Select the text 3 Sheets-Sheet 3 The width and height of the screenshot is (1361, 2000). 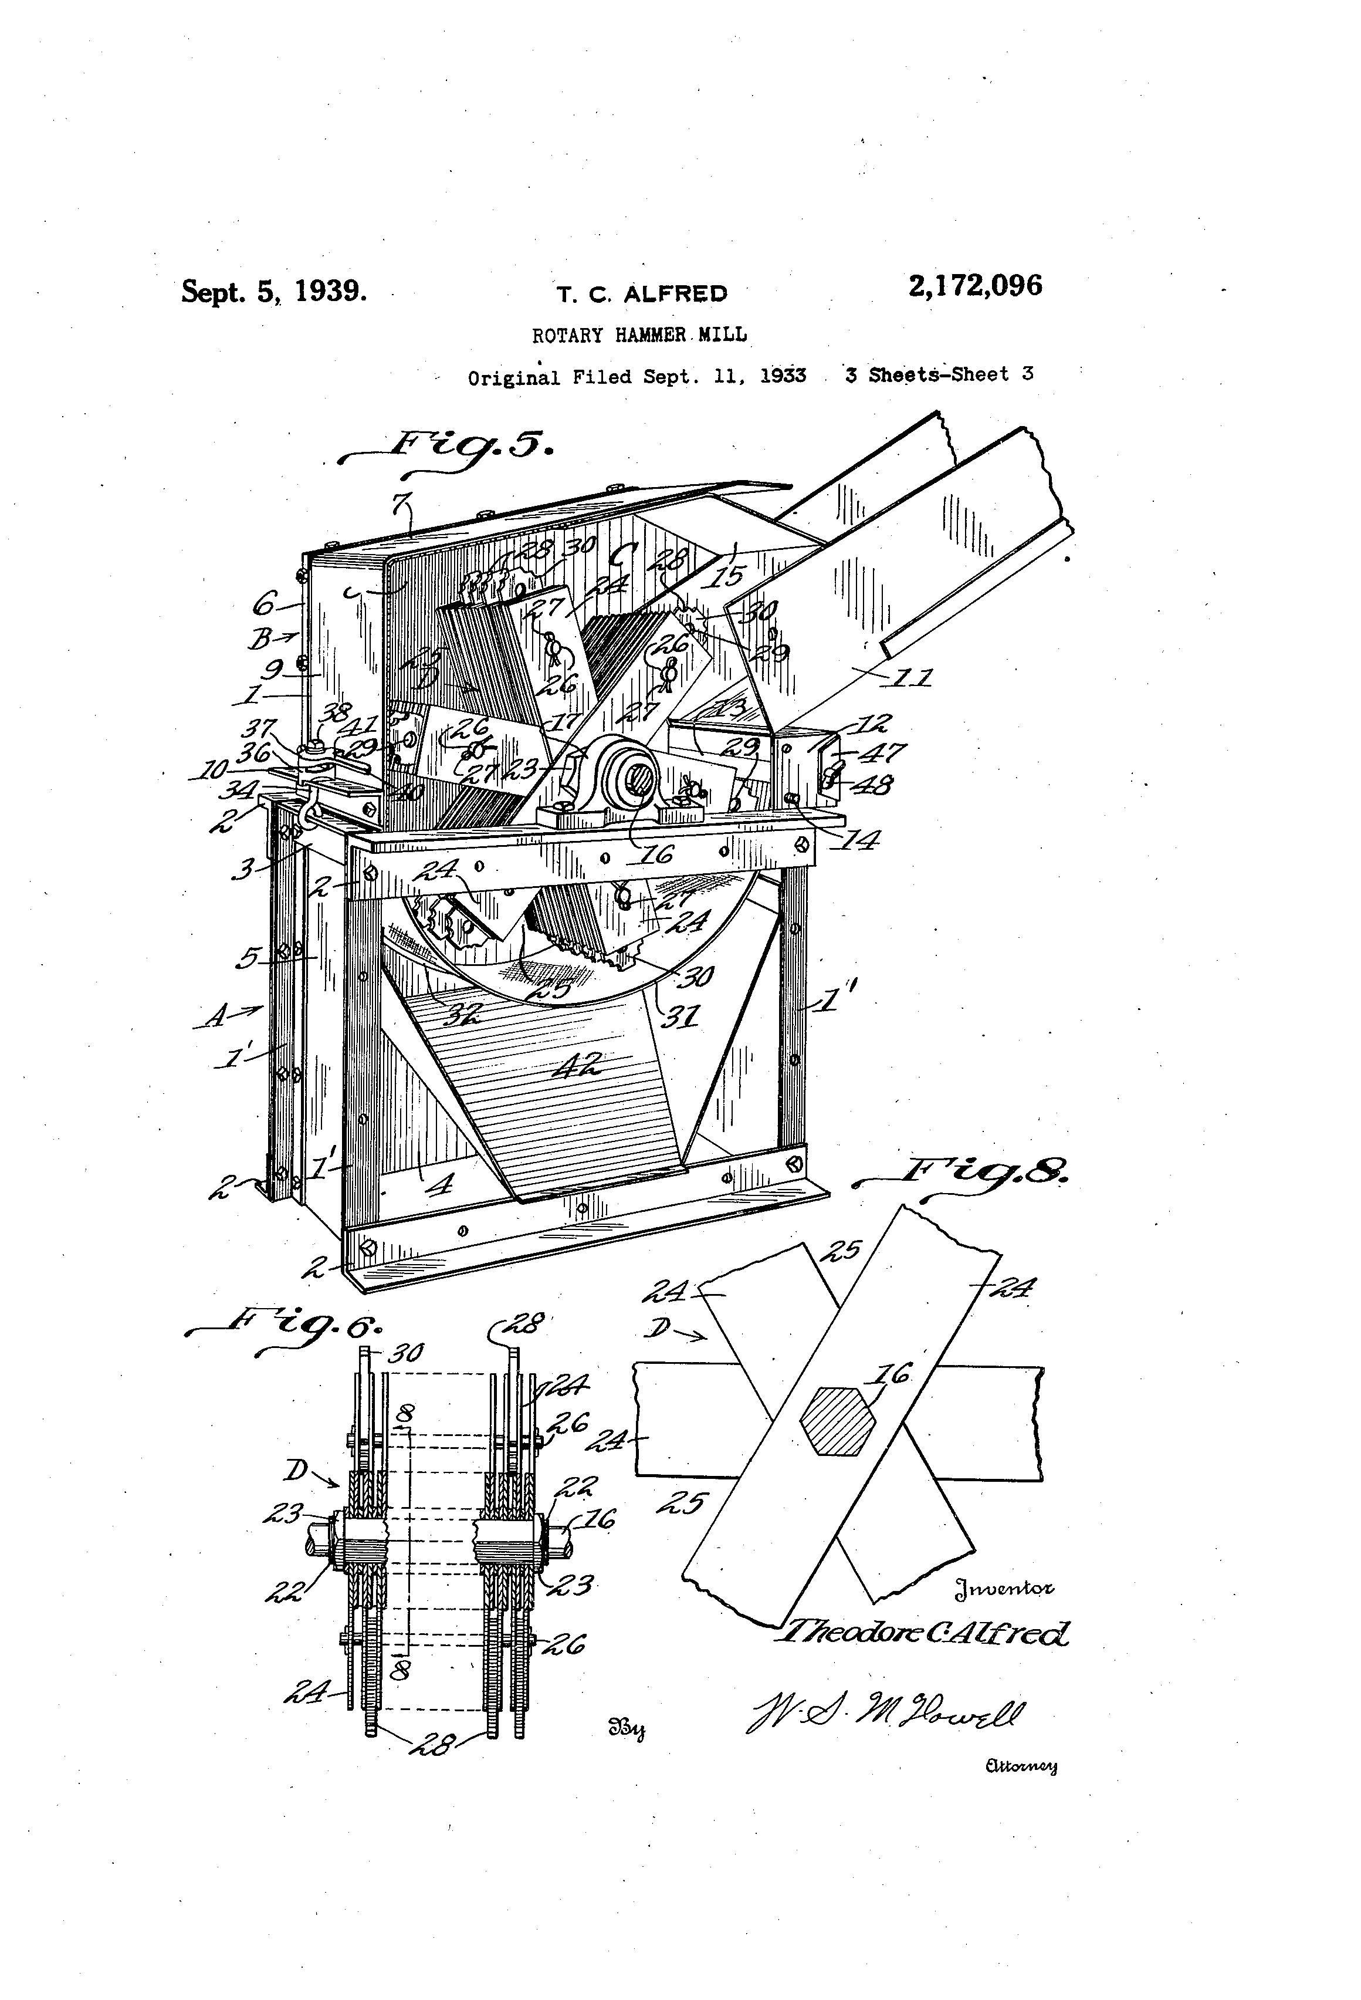(939, 374)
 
